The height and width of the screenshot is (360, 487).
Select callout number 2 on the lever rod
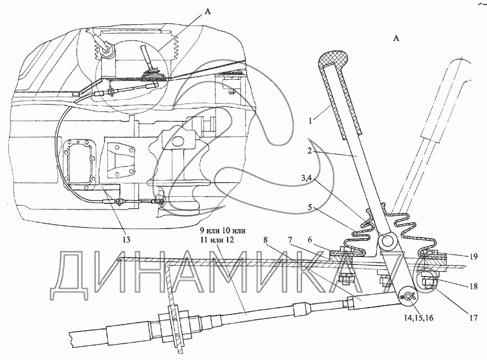tap(309, 151)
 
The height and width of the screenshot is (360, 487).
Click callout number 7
tap(290, 241)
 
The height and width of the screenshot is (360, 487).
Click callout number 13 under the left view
tap(127, 239)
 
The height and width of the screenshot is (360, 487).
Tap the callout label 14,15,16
tap(418, 318)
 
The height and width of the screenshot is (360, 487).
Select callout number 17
tap(474, 318)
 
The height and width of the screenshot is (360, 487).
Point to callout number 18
tap(474, 286)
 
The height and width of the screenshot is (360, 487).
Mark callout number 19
tap(474, 256)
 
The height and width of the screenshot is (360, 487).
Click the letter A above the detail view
tap(396, 38)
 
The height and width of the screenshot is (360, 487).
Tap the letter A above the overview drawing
tap(208, 12)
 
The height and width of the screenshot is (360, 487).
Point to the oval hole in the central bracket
tap(178, 141)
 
